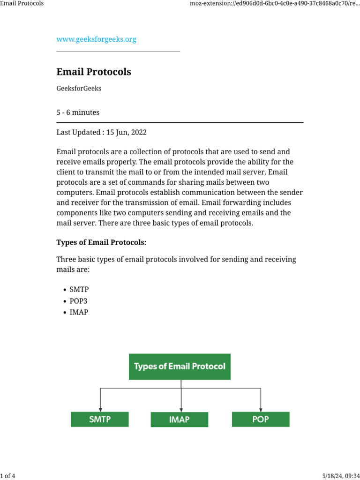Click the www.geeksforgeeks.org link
[x=96, y=39]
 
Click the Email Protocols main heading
[x=94, y=72]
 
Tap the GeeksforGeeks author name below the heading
[x=79, y=89]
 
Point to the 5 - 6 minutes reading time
[x=78, y=112]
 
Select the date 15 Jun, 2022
[x=127, y=132]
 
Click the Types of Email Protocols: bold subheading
[x=101, y=242]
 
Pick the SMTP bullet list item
[x=79, y=290]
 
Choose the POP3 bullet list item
[x=79, y=301]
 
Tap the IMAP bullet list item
[x=79, y=312]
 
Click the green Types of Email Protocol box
[x=180, y=367]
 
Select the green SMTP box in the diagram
[x=100, y=419]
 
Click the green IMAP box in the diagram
[x=180, y=420]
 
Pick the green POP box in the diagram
[x=261, y=419]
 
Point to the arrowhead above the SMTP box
[x=100, y=409]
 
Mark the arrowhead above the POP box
[x=261, y=409]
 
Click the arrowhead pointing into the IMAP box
[x=181, y=409]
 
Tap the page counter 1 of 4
[x=8, y=476]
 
